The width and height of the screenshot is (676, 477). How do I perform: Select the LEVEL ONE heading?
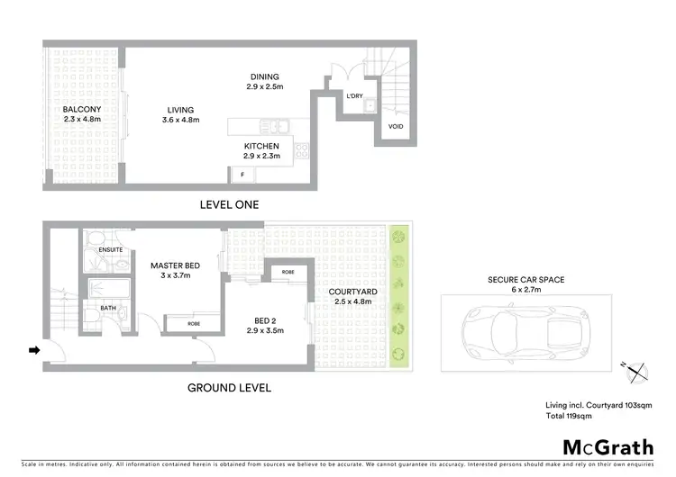[x=228, y=205]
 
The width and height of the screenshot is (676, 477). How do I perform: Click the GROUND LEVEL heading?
[x=228, y=388]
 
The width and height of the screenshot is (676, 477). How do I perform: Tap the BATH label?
[x=108, y=307]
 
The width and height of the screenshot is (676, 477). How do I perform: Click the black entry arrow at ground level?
[x=34, y=350]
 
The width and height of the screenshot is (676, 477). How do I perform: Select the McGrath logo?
[x=608, y=446]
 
